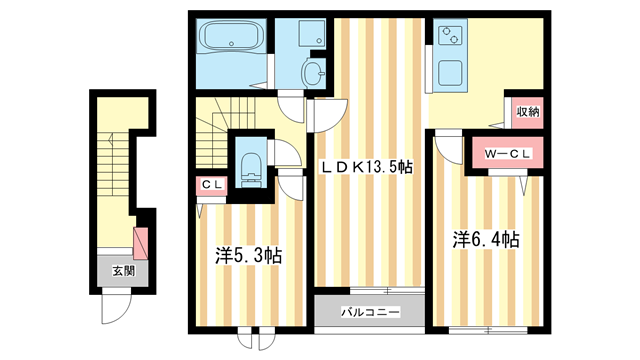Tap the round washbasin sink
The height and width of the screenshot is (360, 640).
(313, 72)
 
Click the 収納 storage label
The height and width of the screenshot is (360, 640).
(527, 111)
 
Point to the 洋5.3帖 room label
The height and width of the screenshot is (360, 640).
(248, 256)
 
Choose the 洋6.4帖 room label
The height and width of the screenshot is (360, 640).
(485, 240)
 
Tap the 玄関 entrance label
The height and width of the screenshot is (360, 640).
(123, 271)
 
